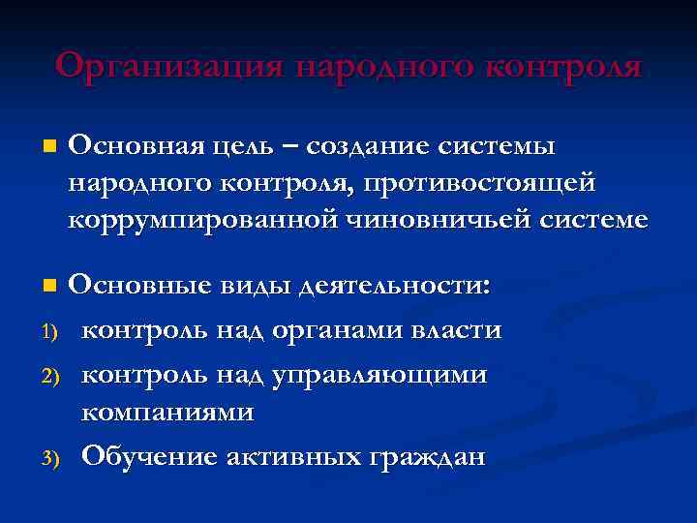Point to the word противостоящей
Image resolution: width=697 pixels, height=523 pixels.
tap(486, 183)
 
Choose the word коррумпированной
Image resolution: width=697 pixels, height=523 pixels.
tap(200, 220)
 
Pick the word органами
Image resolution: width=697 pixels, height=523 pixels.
tap(332, 330)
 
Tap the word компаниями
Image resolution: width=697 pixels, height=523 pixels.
tap(167, 411)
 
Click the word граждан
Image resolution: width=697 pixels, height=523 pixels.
tap(430, 455)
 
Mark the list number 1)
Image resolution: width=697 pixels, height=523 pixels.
tap(52, 332)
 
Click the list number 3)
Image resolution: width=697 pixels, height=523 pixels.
tap(52, 457)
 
